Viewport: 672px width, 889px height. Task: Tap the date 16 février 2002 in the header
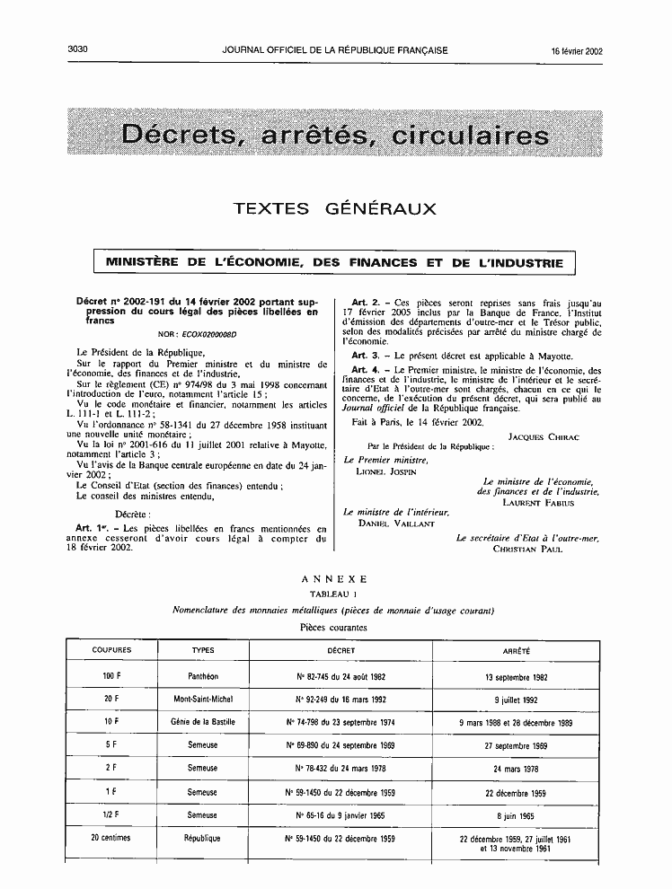[577, 51]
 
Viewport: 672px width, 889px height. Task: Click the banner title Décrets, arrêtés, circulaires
[335, 136]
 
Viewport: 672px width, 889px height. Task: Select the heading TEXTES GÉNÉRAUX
[335, 209]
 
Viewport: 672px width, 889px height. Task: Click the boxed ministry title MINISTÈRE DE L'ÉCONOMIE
[335, 263]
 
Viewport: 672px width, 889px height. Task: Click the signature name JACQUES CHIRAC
[544, 437]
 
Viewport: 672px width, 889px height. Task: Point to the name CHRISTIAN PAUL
[527, 549]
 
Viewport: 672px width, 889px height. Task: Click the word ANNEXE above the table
[335, 581]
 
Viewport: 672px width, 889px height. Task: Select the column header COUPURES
[111, 649]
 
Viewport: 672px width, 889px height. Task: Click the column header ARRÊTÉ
[517, 649]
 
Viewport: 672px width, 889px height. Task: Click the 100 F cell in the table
[111, 677]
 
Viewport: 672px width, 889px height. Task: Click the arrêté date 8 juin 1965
[517, 815]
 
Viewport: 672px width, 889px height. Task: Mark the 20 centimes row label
[111, 838]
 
